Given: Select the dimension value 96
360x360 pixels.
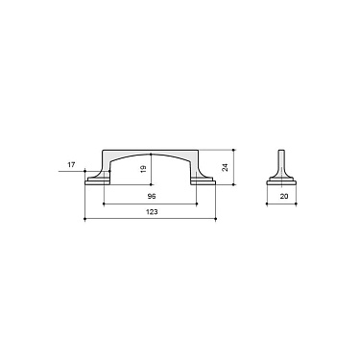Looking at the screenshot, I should pos(152,195).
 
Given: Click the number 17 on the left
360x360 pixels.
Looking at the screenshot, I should pos(71,165).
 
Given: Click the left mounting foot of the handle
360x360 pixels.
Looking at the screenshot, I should pos(97,179).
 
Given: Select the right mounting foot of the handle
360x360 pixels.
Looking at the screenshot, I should pos(204,179).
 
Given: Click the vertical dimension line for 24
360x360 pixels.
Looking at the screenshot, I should pos(233,168).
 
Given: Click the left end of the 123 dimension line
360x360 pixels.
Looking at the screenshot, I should pos(85,219).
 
